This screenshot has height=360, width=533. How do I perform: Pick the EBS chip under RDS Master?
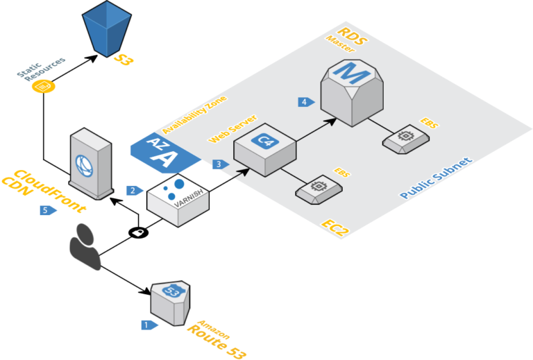coord(404,139)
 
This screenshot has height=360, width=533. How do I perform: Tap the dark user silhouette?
coord(85,246)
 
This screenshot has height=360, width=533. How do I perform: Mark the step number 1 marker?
coord(147,324)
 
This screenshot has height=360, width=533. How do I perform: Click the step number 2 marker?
coord(133,190)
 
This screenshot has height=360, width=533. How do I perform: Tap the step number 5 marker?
coord(47,209)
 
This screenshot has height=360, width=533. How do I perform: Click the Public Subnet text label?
coord(436,179)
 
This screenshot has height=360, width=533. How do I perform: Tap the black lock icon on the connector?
coord(138,232)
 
